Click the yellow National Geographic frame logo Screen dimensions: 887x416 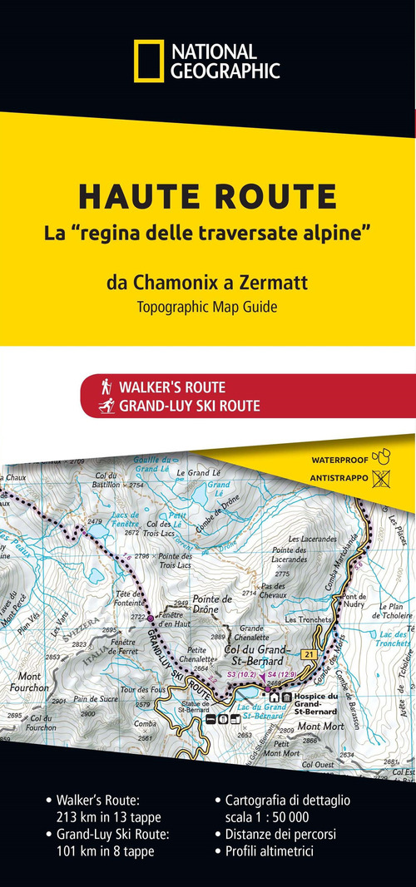(148, 62)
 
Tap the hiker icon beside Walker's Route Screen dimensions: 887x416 (106, 387)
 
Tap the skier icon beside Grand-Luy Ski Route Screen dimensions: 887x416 (106, 407)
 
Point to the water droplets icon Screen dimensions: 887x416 (383, 456)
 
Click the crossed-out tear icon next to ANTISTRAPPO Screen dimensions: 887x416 (382, 478)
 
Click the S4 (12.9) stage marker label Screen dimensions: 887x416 (279, 673)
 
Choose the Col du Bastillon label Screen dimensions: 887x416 (108, 480)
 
